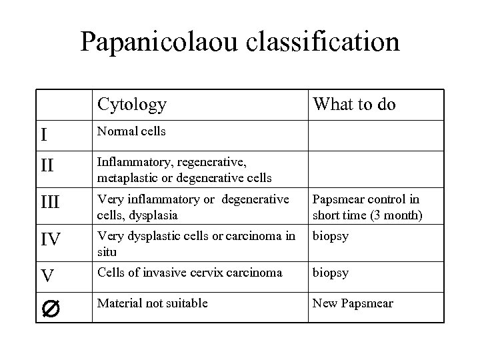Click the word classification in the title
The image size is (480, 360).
pos(323,41)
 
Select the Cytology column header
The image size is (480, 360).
pos(132,104)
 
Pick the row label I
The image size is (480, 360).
pos(44,135)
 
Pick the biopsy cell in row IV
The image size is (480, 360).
pos(330,236)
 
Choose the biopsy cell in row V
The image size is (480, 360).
pos(330,273)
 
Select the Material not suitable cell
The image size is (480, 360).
pos(152,303)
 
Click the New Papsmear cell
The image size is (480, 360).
pos(353,303)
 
